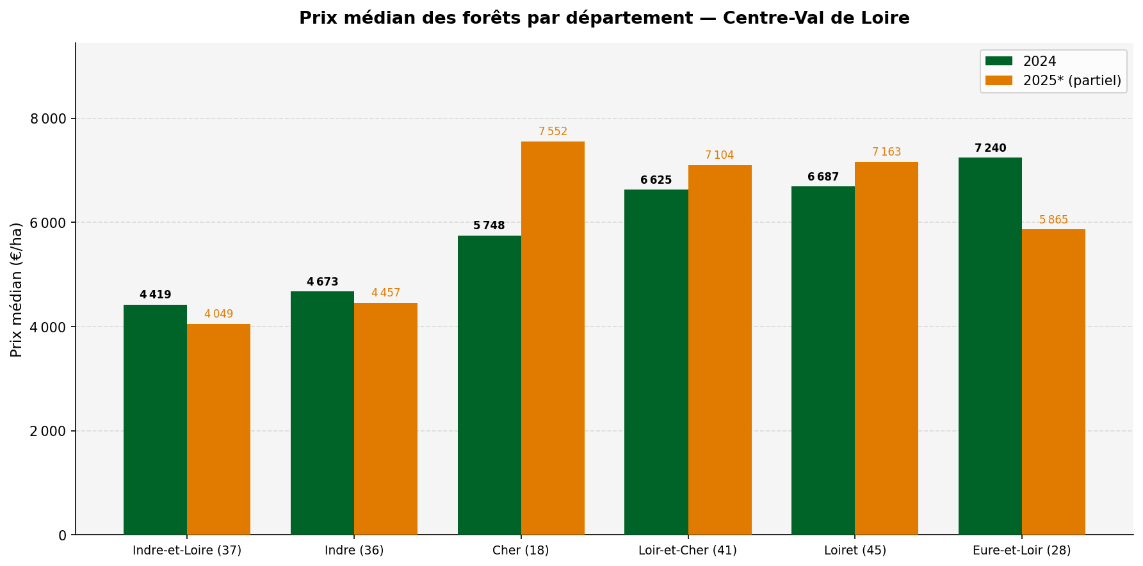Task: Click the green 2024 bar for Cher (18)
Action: coord(489,385)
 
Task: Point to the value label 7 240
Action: coord(990,149)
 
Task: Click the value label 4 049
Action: coord(218,314)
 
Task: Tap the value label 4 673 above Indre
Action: coord(322,282)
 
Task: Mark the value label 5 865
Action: coord(1053,220)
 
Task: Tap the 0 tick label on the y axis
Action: coord(62,535)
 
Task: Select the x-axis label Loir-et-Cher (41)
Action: coord(688,551)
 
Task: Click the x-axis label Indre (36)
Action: coord(354,551)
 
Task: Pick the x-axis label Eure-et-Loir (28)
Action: coord(1021,551)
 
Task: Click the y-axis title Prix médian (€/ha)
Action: coord(17,289)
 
